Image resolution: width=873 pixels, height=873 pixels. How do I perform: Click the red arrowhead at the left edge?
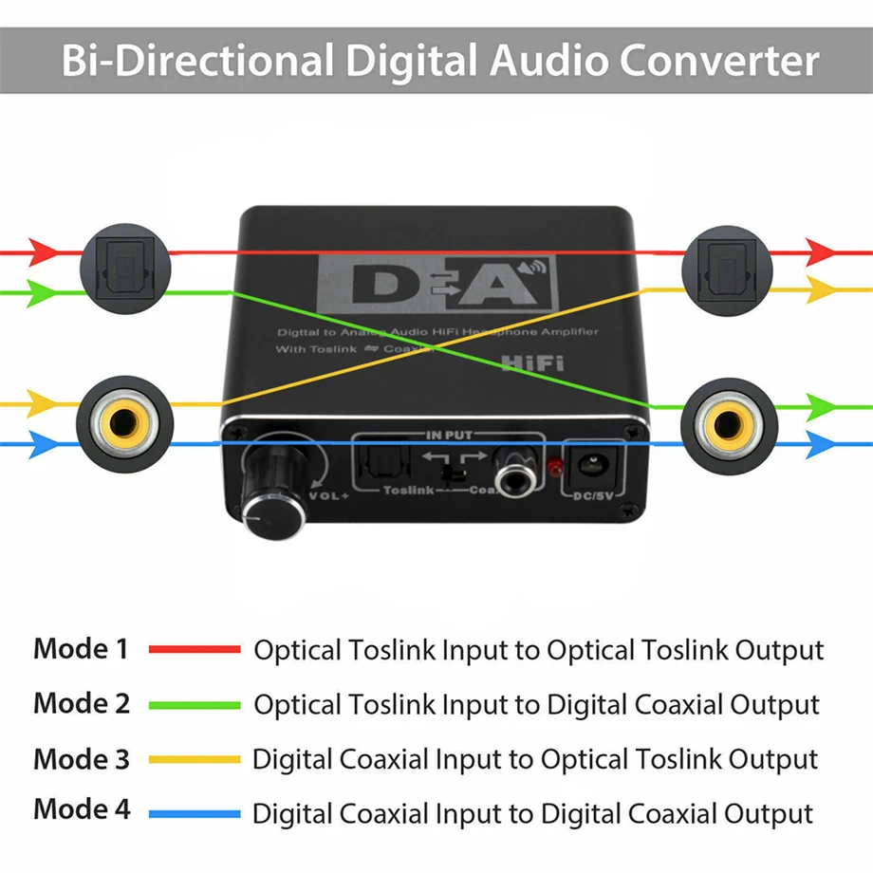44,252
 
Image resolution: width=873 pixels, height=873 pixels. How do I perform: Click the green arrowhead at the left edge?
44,292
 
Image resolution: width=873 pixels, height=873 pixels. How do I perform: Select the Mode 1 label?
80,649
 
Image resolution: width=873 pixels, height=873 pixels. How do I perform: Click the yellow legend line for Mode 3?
195,759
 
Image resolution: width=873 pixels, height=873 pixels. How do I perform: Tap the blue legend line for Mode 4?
195,813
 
